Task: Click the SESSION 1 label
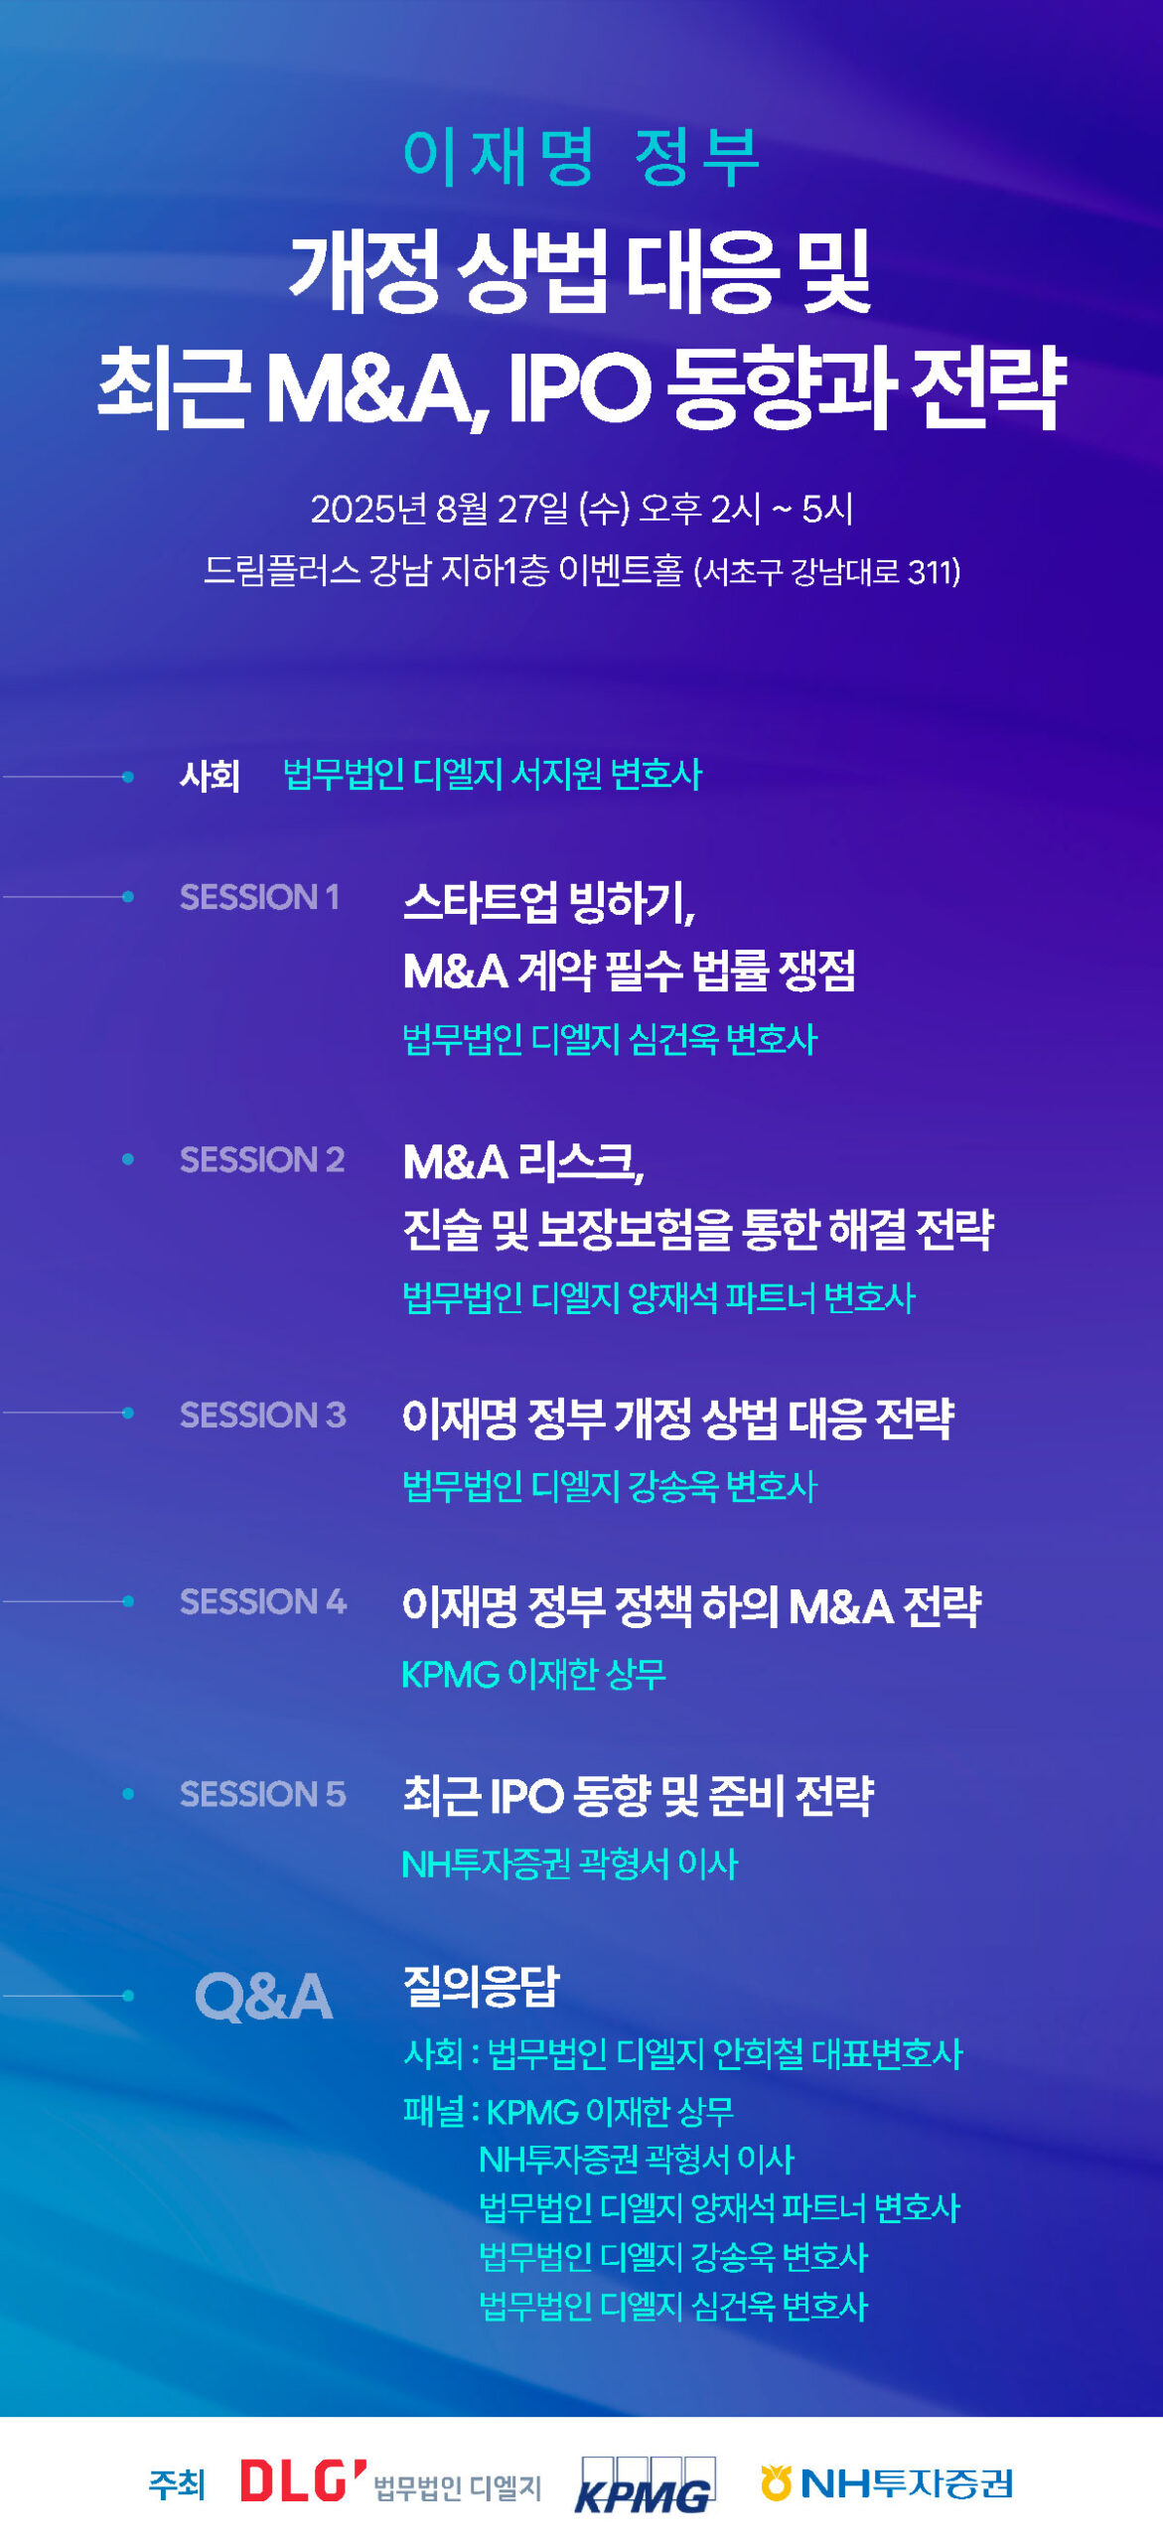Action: click(259, 897)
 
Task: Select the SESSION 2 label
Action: click(262, 1159)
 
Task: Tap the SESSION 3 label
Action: click(263, 1415)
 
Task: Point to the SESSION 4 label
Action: click(263, 1601)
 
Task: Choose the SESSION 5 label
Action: click(263, 1794)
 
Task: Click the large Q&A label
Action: click(263, 1997)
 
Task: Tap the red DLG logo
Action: click(304, 2480)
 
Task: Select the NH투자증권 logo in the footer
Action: click(887, 2482)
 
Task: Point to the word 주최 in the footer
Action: click(177, 2483)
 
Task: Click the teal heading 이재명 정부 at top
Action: click(581, 157)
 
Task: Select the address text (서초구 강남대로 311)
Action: click(827, 572)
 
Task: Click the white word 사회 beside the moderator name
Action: click(211, 775)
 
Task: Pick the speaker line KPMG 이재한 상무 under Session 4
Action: click(533, 1674)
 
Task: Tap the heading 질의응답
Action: click(482, 1986)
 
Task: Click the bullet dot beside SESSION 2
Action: click(128, 1159)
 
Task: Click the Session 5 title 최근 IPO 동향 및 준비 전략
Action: click(639, 1795)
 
